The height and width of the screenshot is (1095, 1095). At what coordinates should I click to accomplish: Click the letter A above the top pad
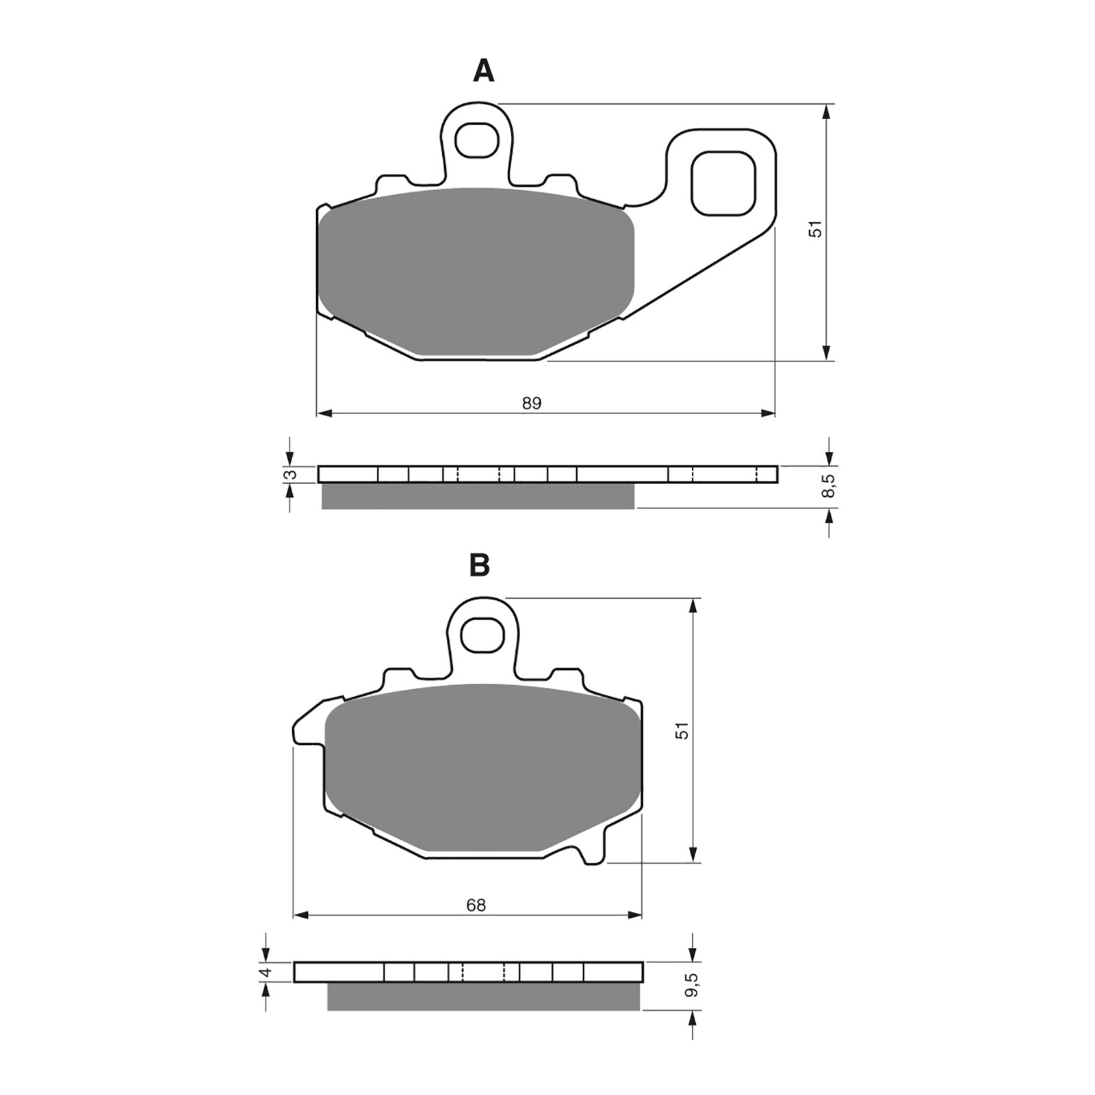483,71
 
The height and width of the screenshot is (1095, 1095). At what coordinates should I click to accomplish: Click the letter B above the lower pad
479,566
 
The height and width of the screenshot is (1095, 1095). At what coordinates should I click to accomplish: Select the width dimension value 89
532,404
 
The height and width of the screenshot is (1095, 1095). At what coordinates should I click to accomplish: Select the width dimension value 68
476,905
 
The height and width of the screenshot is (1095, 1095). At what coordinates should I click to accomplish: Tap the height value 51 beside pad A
816,229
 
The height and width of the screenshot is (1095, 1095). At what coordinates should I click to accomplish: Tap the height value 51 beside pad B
682,730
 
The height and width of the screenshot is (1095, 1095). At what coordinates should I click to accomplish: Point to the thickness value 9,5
693,983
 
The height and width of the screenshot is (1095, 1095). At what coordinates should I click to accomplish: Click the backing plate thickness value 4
267,972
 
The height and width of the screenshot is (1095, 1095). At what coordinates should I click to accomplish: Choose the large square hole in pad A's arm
724,182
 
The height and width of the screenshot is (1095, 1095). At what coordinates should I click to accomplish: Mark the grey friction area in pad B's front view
483,766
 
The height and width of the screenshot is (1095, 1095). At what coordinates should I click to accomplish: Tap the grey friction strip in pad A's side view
477,496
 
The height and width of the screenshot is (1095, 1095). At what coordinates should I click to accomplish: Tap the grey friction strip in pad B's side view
483,996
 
